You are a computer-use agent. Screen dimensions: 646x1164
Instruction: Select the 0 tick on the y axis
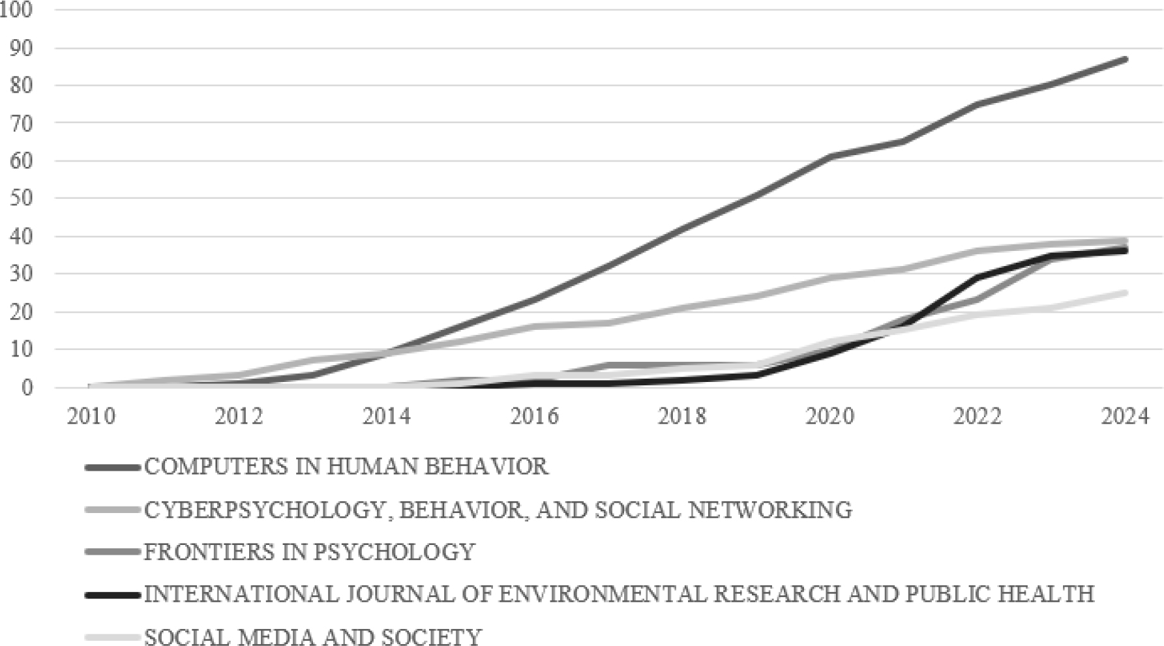pyautogui.click(x=27, y=387)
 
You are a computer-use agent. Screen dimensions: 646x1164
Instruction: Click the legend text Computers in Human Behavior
pyautogui.click(x=346, y=467)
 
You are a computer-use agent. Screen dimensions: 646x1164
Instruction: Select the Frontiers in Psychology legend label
pyautogui.click(x=309, y=551)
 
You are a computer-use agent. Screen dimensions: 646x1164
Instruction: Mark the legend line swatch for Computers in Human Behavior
pyautogui.click(x=112, y=467)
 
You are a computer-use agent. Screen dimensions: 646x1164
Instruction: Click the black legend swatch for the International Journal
pyautogui.click(x=112, y=595)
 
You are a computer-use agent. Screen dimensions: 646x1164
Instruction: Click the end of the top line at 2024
pyautogui.click(x=1124, y=59)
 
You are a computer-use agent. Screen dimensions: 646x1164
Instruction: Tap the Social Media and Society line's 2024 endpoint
pyautogui.click(x=1124, y=293)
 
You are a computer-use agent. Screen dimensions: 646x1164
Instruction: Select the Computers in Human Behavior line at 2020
pyautogui.click(x=829, y=157)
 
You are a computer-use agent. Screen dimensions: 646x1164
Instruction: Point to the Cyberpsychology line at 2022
pyautogui.click(x=977, y=251)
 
